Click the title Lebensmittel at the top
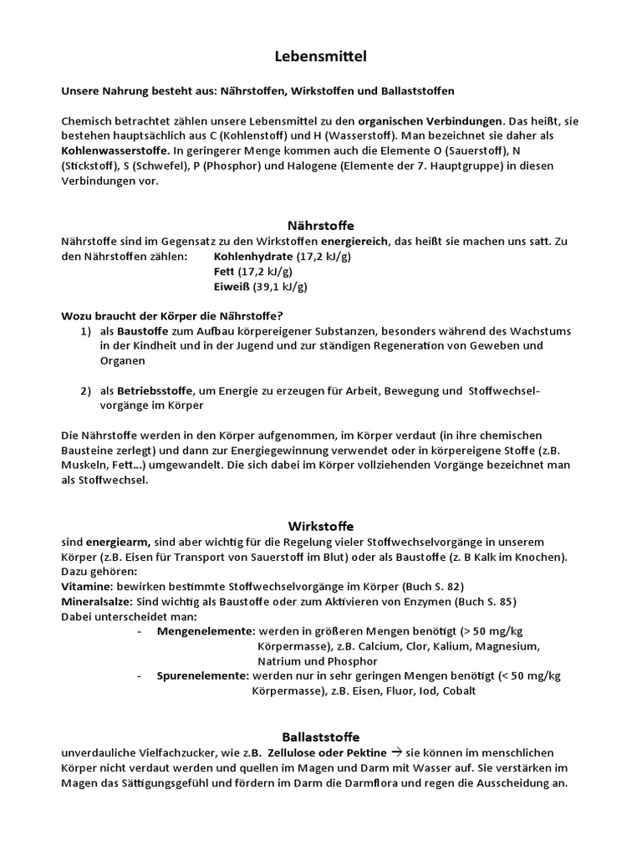[x=321, y=57]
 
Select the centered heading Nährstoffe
[x=321, y=226]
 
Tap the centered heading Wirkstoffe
[x=321, y=527]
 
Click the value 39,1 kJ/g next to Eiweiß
[x=280, y=287]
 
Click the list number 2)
[x=86, y=390]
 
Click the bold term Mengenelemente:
[x=206, y=631]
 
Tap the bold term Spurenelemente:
[x=202, y=675]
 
